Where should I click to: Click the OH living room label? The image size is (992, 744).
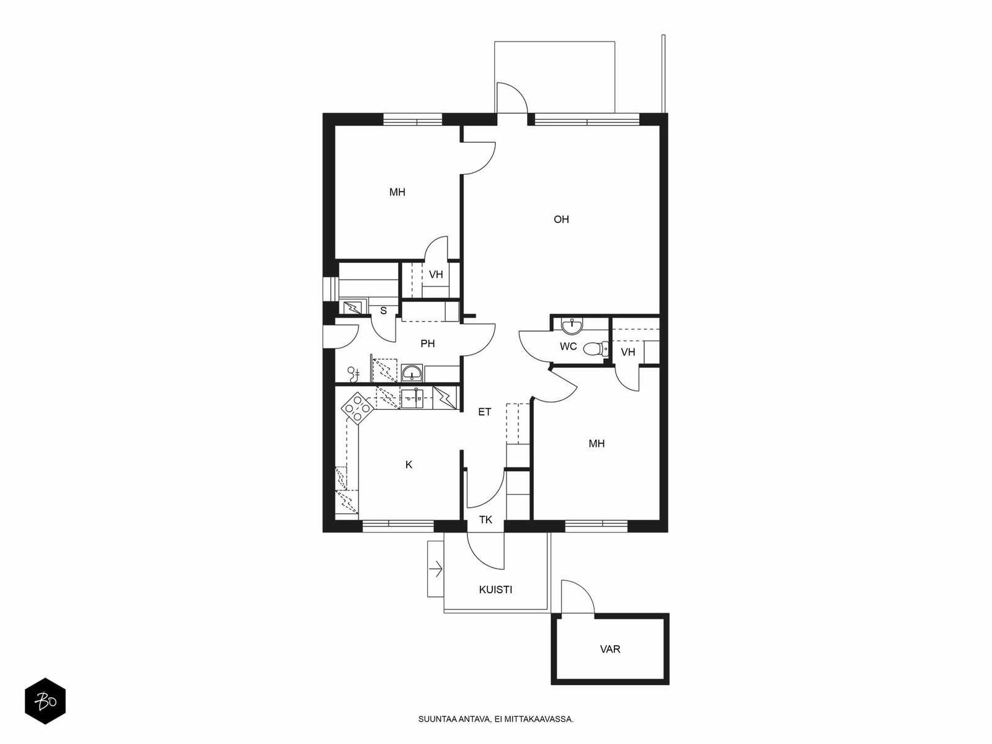[561, 219]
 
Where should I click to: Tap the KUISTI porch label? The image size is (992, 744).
[495, 590]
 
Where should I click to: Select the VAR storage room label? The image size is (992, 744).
[610, 649]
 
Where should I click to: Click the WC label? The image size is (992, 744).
[568, 347]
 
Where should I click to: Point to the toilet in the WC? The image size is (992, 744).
[596, 348]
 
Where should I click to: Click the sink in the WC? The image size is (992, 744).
[572, 326]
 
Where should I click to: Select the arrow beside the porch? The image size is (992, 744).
[436, 569]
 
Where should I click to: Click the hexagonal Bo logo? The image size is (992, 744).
[45, 701]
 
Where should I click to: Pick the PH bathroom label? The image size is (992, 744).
[428, 343]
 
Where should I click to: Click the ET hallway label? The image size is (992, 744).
[484, 412]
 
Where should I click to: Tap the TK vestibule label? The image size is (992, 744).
[486, 520]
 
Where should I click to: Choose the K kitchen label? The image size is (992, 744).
[409, 465]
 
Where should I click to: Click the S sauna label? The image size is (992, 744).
[384, 311]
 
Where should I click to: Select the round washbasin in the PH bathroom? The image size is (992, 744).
[412, 374]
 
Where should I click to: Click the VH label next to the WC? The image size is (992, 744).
[628, 352]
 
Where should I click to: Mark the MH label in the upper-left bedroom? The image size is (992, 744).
[397, 192]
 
